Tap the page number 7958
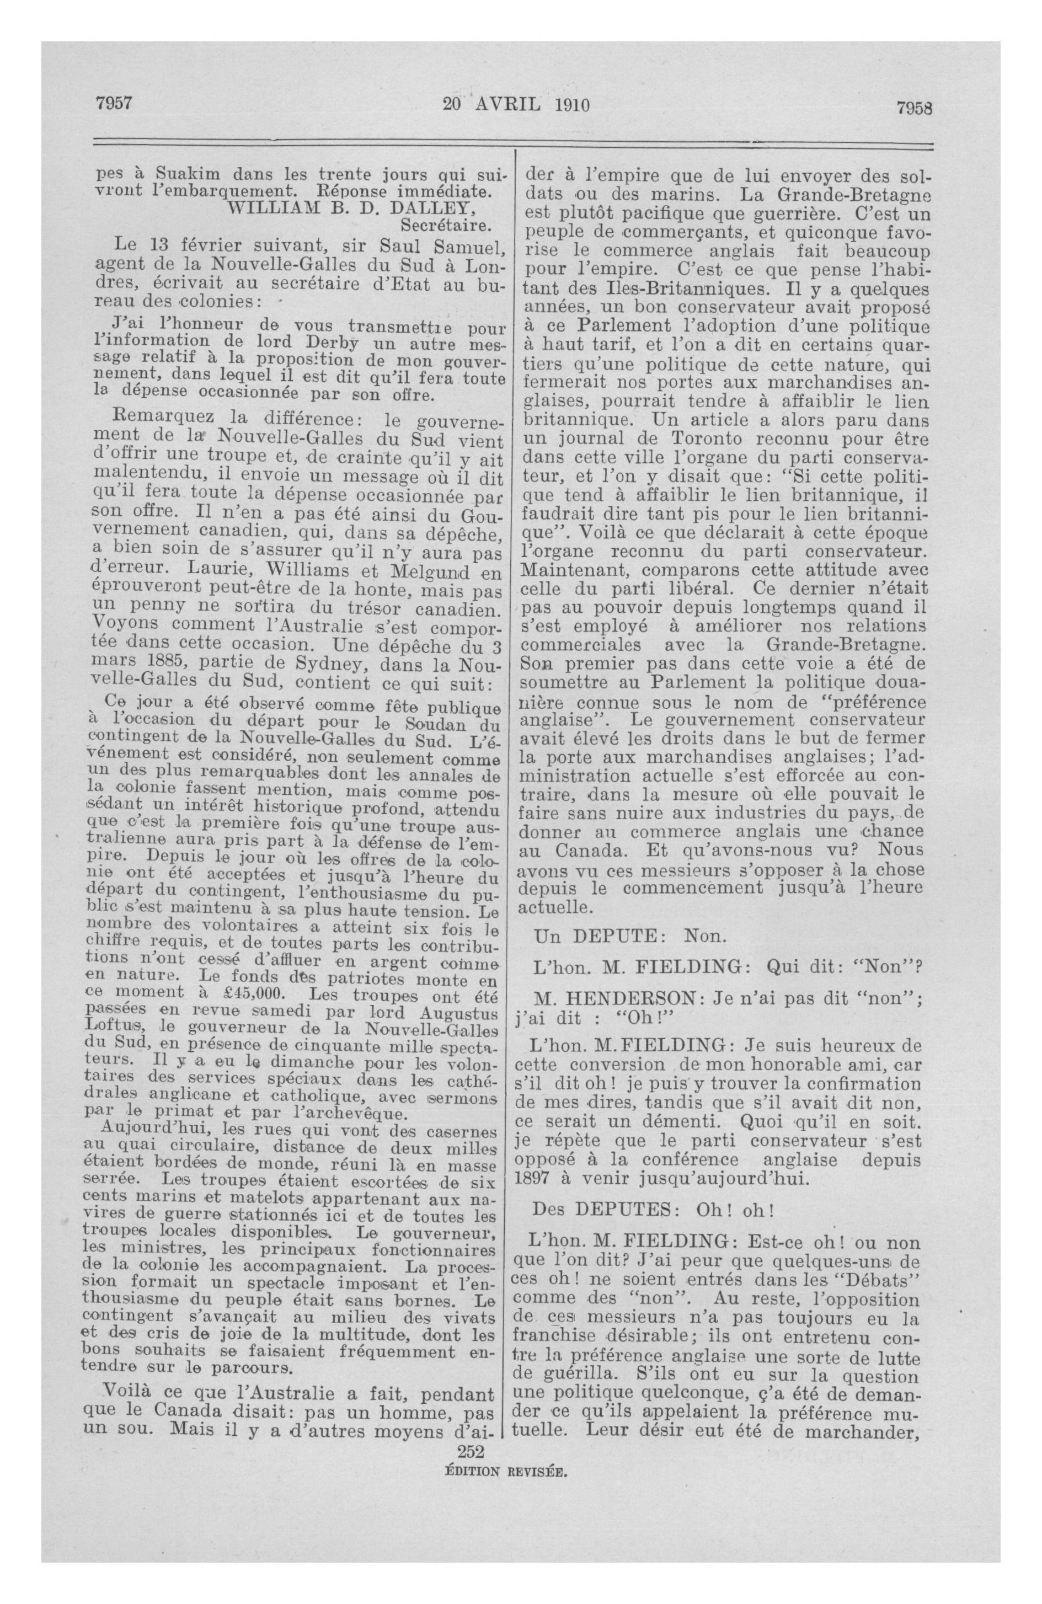pyautogui.click(x=913, y=108)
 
